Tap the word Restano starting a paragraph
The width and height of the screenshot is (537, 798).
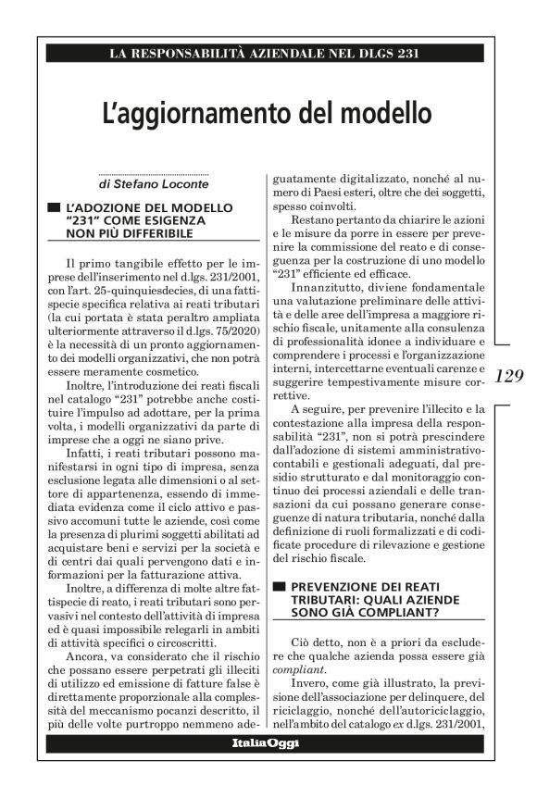(x=313, y=221)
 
